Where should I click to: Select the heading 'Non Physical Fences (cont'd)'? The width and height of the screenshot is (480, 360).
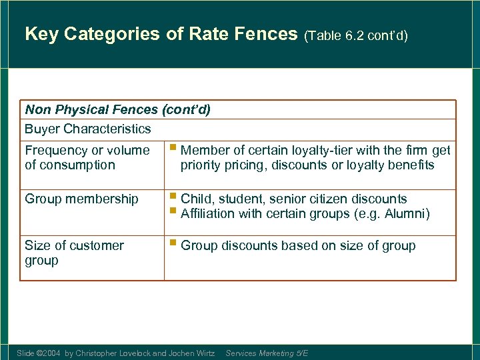coord(117,109)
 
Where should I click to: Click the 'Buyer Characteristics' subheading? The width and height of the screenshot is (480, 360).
coord(88,129)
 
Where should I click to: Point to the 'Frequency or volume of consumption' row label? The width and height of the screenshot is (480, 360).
coord(87,157)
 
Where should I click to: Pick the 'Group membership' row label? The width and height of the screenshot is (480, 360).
coord(81,199)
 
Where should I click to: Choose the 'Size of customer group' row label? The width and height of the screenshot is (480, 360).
coord(74,253)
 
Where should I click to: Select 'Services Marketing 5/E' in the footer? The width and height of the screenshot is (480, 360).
coord(267,353)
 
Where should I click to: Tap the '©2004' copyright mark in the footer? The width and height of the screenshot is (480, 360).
coord(49,353)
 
